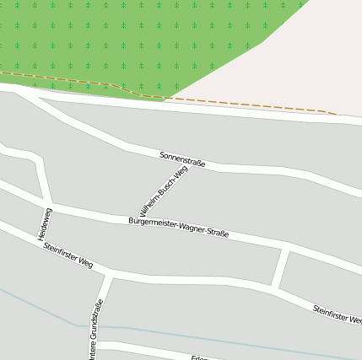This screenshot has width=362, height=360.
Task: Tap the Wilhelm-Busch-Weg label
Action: [164, 191]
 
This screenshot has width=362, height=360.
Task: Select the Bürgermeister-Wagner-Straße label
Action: [178, 227]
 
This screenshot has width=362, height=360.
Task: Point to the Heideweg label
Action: [46, 223]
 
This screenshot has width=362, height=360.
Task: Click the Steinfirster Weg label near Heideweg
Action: [68, 255]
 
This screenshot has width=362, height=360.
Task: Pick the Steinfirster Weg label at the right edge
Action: [337, 314]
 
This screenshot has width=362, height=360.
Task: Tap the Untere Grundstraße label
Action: [95, 330]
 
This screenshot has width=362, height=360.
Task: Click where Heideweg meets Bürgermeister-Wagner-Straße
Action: [48, 203]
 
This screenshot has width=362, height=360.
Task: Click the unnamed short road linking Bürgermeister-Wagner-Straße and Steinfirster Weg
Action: [281, 268]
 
